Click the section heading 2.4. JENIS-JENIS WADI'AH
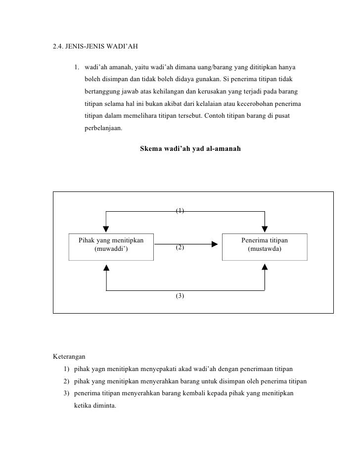(95, 48)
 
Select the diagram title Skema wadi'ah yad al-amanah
(191, 147)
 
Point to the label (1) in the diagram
(180, 211)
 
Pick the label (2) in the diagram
(180, 246)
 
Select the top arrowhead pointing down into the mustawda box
(265, 228)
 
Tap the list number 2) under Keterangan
(67, 381)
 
